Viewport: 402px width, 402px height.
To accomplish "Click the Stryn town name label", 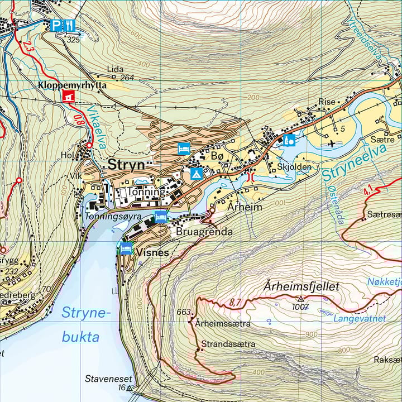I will (126, 165).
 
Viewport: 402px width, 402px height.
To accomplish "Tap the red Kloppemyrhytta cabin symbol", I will (69, 97).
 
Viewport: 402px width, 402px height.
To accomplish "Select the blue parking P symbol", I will (56, 25).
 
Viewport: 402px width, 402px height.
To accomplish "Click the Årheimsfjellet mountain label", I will (300, 286).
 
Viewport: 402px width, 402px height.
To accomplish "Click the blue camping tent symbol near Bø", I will (196, 173).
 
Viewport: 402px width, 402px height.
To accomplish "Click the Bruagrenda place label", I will (204, 231).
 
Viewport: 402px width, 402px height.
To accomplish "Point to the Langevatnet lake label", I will (360, 319).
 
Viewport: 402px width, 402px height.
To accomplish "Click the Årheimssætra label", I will (223, 323).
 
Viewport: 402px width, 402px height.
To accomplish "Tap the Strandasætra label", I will (228, 344).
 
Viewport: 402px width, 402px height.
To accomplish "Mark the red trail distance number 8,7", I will (234, 303).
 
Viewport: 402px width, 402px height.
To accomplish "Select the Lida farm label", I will (115, 69).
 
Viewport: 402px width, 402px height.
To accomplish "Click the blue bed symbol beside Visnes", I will (126, 248).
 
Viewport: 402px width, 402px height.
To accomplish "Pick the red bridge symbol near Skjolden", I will (250, 177).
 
